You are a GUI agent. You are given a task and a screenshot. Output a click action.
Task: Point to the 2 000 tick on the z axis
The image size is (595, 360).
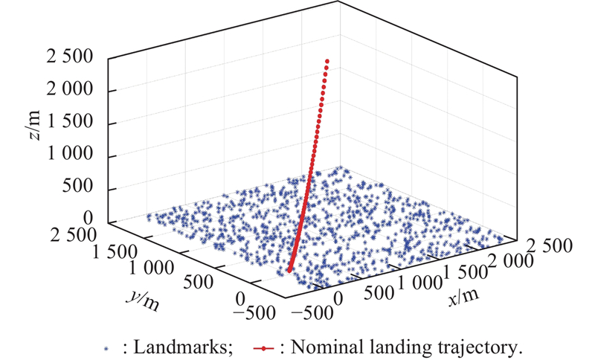pos(77,91)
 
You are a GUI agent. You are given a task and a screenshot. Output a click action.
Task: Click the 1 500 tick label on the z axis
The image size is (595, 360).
pos(77,123)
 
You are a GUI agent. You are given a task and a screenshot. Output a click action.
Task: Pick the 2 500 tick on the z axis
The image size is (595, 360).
pos(77,58)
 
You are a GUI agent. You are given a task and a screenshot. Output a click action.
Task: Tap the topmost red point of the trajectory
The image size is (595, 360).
pos(327,60)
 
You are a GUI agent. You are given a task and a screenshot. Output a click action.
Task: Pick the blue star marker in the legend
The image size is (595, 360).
pos(106,347)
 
